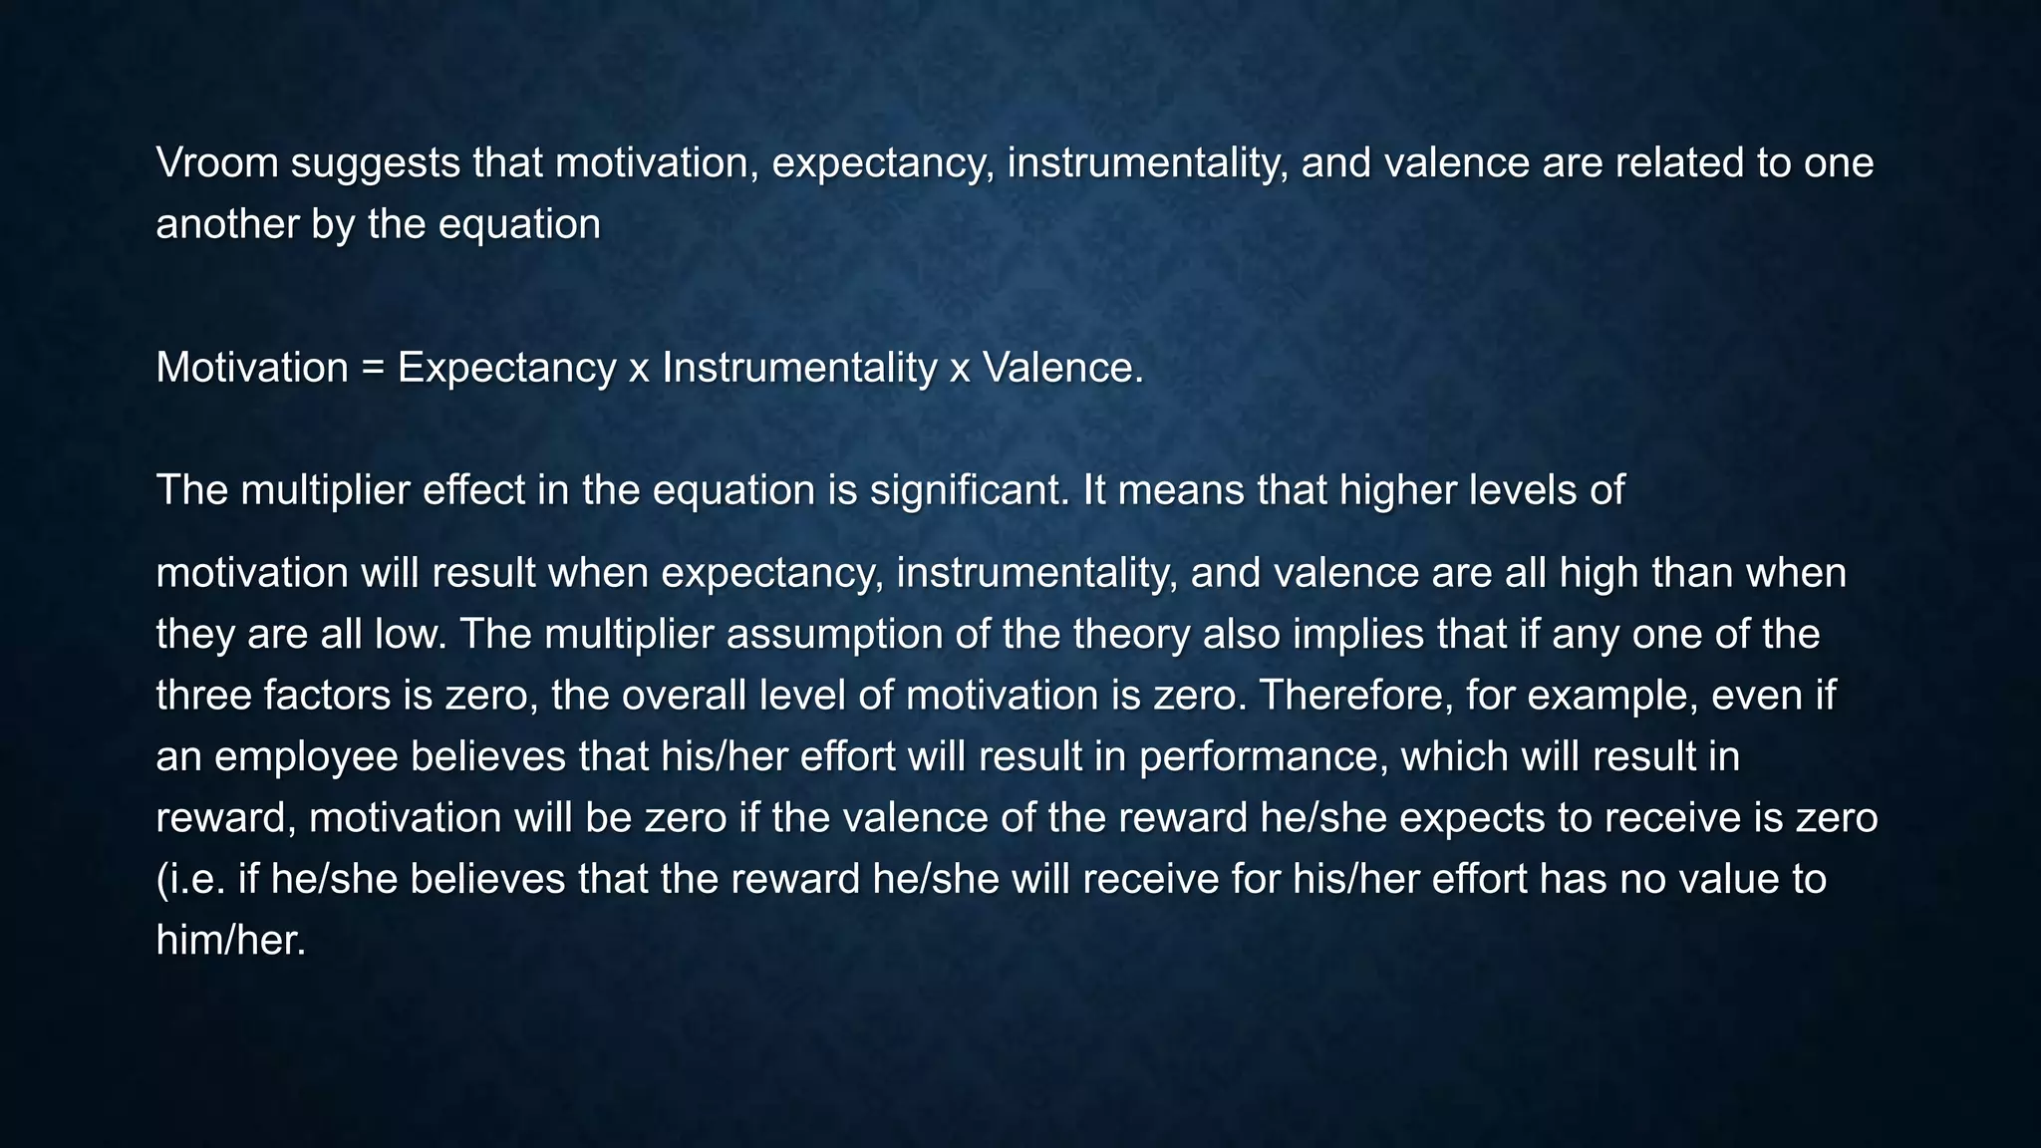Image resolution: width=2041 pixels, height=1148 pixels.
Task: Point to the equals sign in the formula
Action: click(373, 369)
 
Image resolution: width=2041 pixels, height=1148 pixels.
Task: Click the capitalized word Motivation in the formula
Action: click(252, 369)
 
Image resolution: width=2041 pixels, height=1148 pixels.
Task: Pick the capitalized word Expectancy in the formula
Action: click(506, 369)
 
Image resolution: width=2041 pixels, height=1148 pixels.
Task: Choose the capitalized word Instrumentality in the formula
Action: click(799, 369)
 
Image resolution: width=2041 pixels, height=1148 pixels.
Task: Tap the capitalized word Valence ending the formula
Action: click(1062, 369)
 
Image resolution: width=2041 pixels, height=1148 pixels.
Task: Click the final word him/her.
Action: click(230, 941)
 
